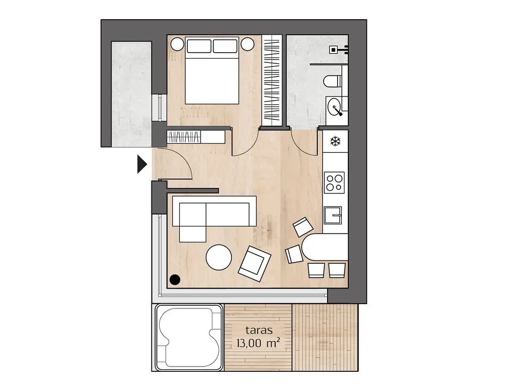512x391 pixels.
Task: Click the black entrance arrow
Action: [x=142, y=164]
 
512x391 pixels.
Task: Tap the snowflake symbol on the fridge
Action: [x=335, y=141]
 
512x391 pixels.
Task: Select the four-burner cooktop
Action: [x=334, y=183]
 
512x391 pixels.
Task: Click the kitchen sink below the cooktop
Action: [x=333, y=215]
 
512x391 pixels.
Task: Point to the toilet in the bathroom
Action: [x=332, y=81]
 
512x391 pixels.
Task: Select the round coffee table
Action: [x=219, y=257]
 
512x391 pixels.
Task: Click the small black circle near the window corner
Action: [x=175, y=280]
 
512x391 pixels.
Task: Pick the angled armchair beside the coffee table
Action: [x=255, y=264]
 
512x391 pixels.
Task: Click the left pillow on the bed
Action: [x=199, y=46]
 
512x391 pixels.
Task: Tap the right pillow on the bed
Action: [x=225, y=46]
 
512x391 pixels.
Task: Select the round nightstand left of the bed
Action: [x=178, y=44]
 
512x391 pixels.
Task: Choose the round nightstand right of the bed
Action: [x=247, y=44]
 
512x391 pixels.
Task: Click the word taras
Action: [x=259, y=330]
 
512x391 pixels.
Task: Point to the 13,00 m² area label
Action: [x=259, y=343]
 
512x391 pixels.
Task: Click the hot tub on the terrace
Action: [x=188, y=338]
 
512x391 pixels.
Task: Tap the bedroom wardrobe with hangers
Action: [x=272, y=80]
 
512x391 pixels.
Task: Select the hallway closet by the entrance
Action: [x=196, y=137]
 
